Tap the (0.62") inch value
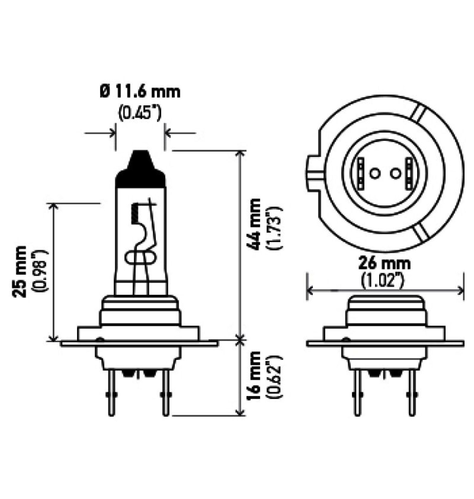pos(275,377)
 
